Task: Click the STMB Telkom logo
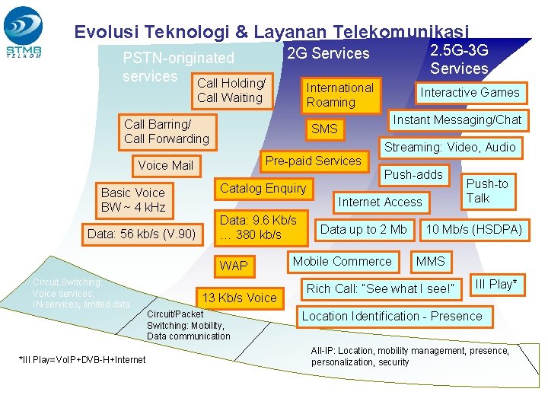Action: tap(24, 33)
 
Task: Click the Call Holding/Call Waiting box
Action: tap(231, 90)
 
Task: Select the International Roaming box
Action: tap(339, 94)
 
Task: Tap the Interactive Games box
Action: tap(470, 92)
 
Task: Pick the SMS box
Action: tap(324, 129)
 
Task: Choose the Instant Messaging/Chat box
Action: tap(457, 119)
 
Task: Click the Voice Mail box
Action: tap(165, 165)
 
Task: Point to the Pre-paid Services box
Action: tap(313, 161)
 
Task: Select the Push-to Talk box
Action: tap(487, 191)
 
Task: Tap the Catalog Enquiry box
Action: tap(263, 188)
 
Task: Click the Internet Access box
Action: tap(380, 202)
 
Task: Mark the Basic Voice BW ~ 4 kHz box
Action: tap(133, 199)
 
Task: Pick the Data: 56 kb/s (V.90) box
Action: tap(142, 234)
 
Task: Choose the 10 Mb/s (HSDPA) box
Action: tap(474, 229)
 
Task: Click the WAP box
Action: tap(234, 266)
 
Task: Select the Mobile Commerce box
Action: tap(342, 261)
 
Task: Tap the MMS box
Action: tap(430, 261)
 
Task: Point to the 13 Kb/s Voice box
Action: tap(239, 298)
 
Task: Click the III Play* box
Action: tap(495, 284)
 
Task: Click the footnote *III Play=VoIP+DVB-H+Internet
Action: tap(81, 359)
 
